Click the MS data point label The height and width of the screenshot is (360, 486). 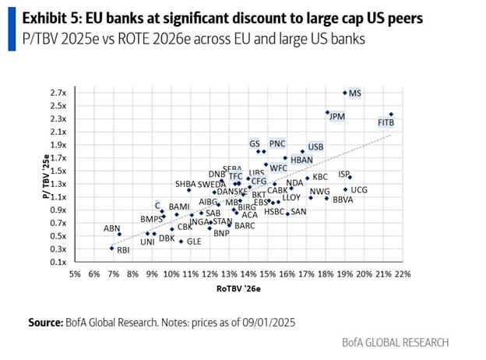click(x=355, y=94)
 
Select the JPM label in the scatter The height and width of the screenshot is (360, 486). click(x=337, y=116)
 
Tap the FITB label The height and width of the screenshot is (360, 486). click(x=386, y=123)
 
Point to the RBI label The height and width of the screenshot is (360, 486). click(x=123, y=250)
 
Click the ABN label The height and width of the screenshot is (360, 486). click(x=112, y=228)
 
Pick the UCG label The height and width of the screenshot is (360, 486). click(x=359, y=189)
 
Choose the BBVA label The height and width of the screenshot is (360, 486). click(x=343, y=200)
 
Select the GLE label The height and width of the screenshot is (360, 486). click(x=194, y=242)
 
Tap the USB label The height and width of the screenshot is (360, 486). click(x=315, y=146)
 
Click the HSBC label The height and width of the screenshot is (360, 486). click(x=274, y=211)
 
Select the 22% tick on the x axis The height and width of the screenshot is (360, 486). click(x=403, y=274)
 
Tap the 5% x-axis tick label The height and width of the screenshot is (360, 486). click(x=75, y=274)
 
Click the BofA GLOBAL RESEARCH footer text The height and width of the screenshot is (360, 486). click(x=395, y=342)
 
